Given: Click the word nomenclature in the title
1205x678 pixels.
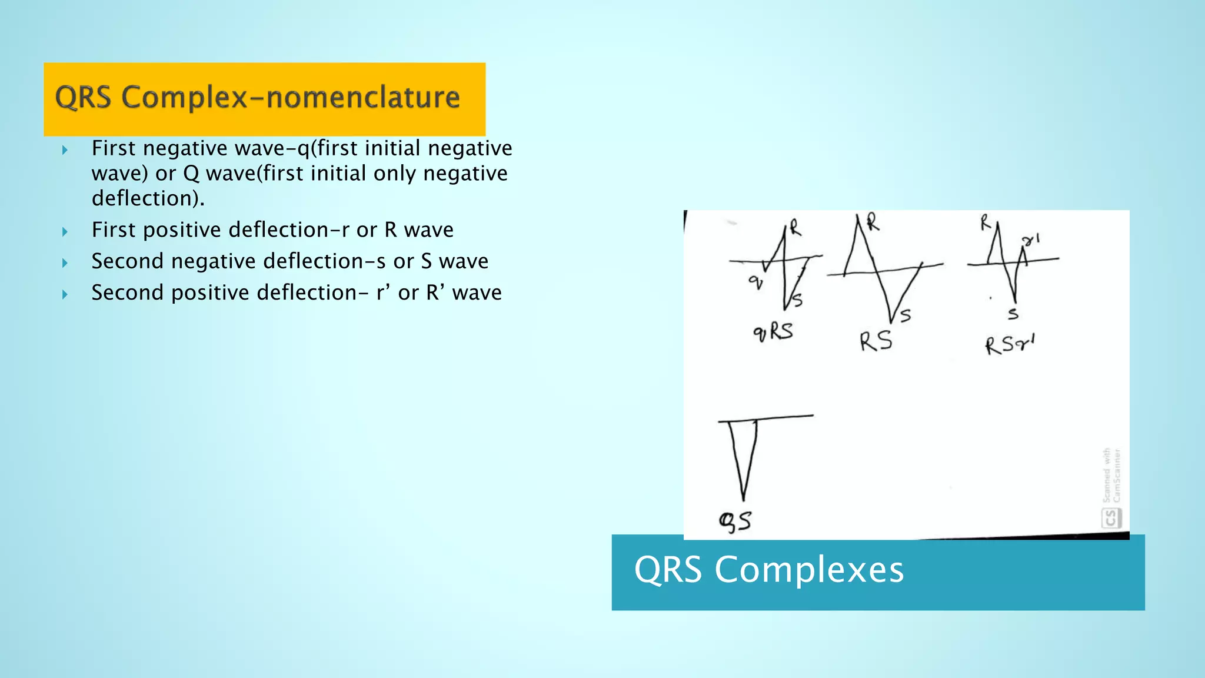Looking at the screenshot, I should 362,97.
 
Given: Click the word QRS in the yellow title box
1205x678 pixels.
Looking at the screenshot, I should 83,97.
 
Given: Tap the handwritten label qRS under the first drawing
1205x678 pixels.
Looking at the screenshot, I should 773,332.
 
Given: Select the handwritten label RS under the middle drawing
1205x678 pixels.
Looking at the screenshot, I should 875,341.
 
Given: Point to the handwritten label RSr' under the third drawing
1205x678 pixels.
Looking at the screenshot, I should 1010,344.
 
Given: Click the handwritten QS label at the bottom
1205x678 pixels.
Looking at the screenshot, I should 735,521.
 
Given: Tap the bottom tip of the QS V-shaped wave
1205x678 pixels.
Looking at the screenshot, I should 744,499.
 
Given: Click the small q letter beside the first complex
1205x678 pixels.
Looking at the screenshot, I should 755,283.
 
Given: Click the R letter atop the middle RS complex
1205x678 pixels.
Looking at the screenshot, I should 873,222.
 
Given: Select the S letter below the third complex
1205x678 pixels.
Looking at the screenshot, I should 1013,314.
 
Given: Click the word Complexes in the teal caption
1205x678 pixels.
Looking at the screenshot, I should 809,570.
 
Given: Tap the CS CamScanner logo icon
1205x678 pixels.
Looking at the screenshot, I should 1110,518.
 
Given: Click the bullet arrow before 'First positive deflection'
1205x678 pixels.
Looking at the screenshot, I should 65,231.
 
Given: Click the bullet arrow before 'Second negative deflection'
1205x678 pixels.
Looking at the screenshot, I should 65,262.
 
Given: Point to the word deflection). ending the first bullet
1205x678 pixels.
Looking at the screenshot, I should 148,198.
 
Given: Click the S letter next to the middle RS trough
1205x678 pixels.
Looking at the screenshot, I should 906,316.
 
